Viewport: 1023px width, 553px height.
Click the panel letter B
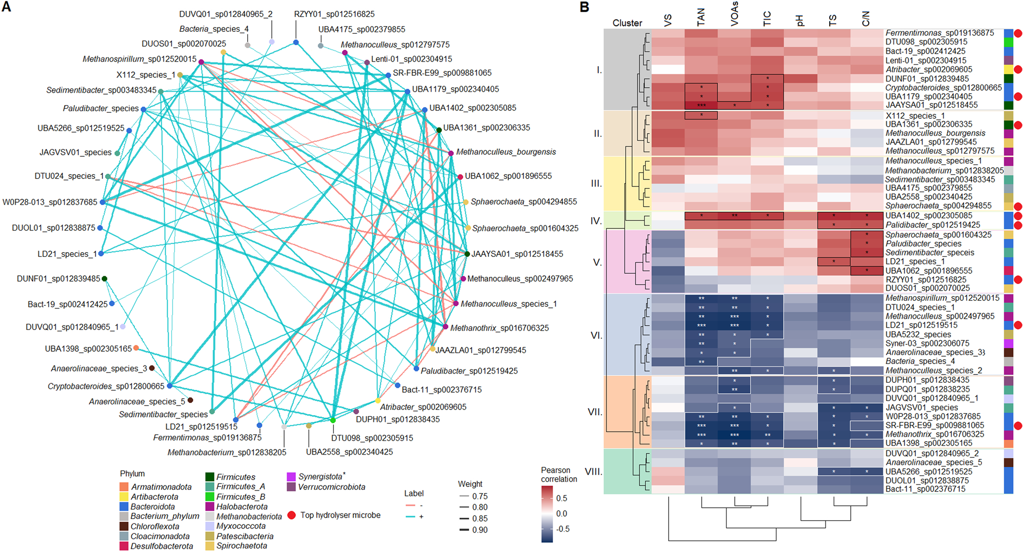(584, 7)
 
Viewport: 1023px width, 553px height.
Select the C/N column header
(866, 19)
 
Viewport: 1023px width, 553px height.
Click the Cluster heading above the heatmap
(627, 23)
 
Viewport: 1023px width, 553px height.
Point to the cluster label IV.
(596, 221)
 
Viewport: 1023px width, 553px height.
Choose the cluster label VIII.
(593, 472)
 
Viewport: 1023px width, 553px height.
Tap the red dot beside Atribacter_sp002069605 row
(1018, 69)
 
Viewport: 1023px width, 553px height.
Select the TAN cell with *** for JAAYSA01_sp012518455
(701, 106)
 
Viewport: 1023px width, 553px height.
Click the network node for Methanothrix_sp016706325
(445, 327)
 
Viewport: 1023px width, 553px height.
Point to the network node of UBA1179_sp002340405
(407, 91)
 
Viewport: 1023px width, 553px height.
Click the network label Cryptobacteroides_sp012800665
(106, 386)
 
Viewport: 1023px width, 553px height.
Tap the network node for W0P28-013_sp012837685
(103, 202)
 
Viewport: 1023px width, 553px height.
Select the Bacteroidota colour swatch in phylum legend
(124, 506)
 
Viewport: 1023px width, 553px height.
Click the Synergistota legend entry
(320, 477)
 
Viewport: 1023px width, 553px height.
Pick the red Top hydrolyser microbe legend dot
(291, 515)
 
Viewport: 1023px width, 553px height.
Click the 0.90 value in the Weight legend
(480, 530)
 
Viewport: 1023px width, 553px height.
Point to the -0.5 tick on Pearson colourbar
(563, 529)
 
